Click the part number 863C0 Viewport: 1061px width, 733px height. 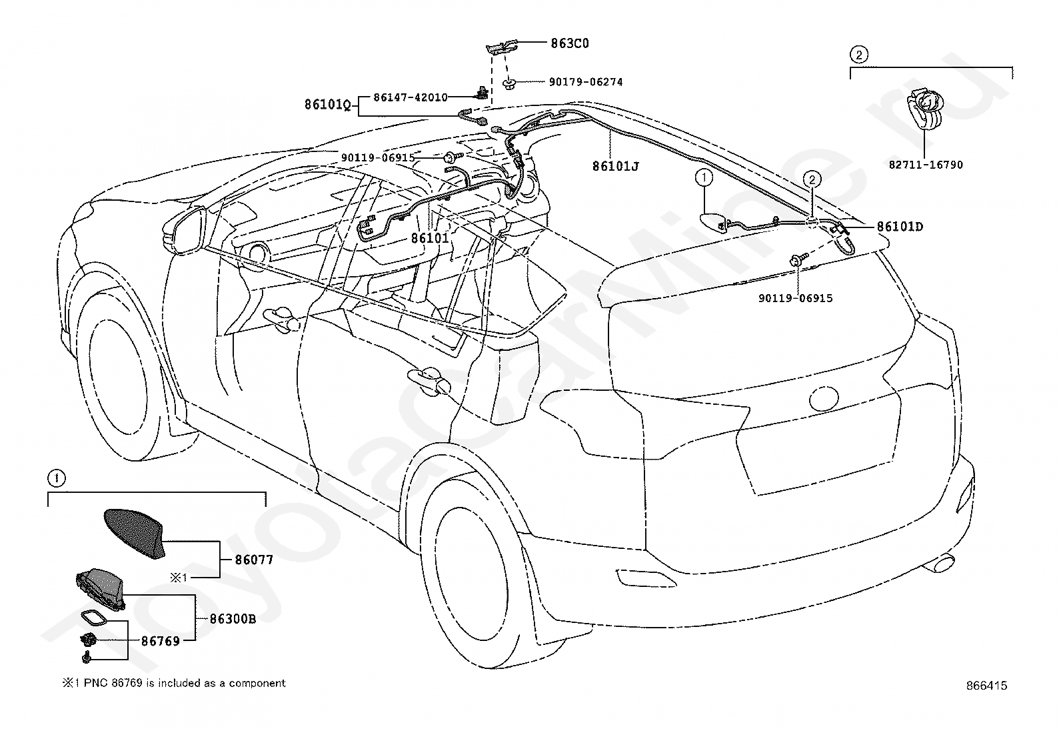570,43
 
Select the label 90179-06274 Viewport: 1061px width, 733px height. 586,82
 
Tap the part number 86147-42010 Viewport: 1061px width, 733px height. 411,97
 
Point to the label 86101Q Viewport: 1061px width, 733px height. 327,104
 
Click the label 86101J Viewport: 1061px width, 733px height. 616,166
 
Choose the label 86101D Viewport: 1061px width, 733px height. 900,227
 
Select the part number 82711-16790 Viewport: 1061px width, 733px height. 926,165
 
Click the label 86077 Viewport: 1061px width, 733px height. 255,560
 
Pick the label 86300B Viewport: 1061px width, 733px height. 233,619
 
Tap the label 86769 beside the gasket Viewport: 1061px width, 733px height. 161,642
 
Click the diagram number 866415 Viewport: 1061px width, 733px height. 986,686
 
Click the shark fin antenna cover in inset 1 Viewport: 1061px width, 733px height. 133,532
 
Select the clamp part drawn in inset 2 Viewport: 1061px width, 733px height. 924,109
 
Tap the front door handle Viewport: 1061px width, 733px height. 281,318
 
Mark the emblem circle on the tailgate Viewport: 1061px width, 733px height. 824,398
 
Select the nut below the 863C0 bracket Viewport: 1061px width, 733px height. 509,85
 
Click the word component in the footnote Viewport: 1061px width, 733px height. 257,683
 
